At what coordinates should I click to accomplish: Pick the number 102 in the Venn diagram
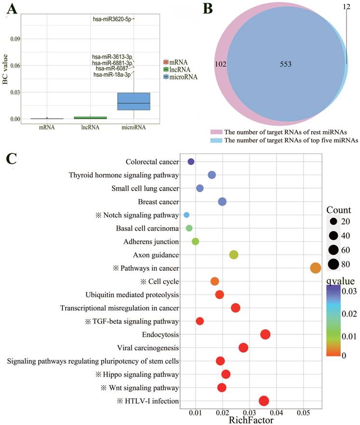tap(220, 64)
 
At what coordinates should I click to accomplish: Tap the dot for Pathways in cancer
tap(316, 268)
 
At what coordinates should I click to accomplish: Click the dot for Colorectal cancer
tap(191, 162)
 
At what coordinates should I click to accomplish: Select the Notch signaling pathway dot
tap(187, 215)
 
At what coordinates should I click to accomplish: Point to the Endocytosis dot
tap(265, 334)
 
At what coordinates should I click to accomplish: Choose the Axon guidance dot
tap(234, 255)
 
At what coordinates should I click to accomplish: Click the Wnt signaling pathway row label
tap(140, 387)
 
